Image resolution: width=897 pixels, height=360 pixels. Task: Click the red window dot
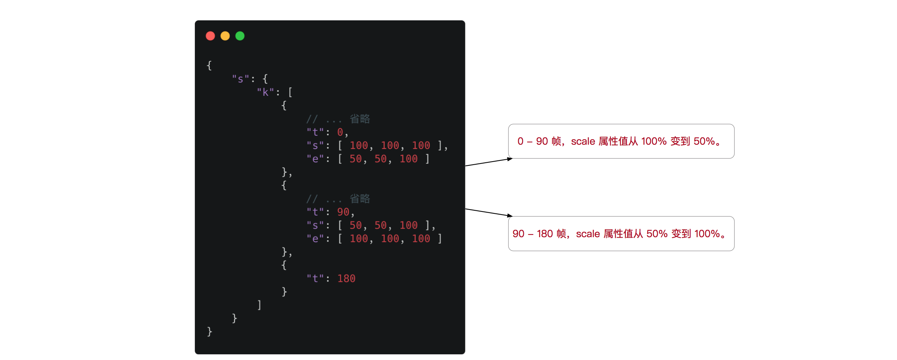(210, 36)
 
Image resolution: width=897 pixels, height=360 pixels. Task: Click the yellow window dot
(225, 36)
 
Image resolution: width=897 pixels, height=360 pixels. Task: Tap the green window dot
(240, 36)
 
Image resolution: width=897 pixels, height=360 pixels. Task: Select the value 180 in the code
(346, 279)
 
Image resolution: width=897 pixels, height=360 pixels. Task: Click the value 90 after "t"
(343, 212)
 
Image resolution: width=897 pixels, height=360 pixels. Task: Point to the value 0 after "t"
(340, 132)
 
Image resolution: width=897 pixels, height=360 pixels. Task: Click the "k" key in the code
(265, 92)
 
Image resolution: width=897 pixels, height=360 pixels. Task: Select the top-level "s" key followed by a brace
(240, 79)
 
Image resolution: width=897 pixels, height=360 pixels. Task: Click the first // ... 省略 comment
(338, 119)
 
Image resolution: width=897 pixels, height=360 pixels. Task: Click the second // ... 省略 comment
(338, 199)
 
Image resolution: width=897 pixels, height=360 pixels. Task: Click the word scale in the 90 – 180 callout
(588, 234)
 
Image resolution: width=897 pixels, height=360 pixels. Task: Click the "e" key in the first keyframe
(315, 159)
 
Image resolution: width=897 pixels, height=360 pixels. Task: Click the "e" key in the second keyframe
(315, 239)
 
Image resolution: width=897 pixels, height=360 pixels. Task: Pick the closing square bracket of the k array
(259, 305)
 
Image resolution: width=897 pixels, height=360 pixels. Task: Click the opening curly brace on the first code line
(209, 66)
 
